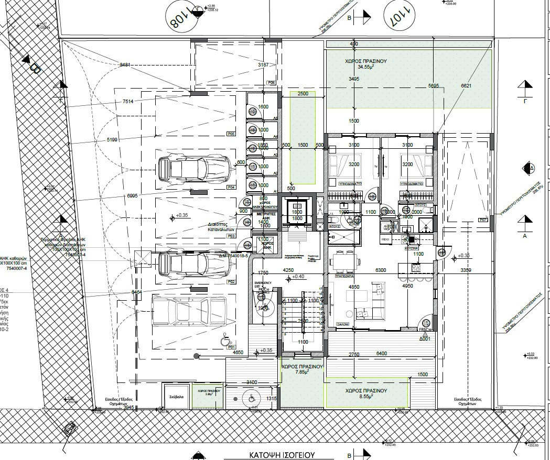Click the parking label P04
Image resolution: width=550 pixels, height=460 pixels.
(231, 187)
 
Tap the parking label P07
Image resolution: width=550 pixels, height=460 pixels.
(483, 220)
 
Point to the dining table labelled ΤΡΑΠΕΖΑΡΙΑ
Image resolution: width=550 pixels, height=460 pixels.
(344, 262)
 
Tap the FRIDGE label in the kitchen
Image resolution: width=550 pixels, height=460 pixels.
(386, 239)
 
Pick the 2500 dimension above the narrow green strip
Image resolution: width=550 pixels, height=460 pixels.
(303, 94)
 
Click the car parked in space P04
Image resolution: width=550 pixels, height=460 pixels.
(193, 167)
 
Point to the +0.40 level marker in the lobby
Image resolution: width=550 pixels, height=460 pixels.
(298, 277)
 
